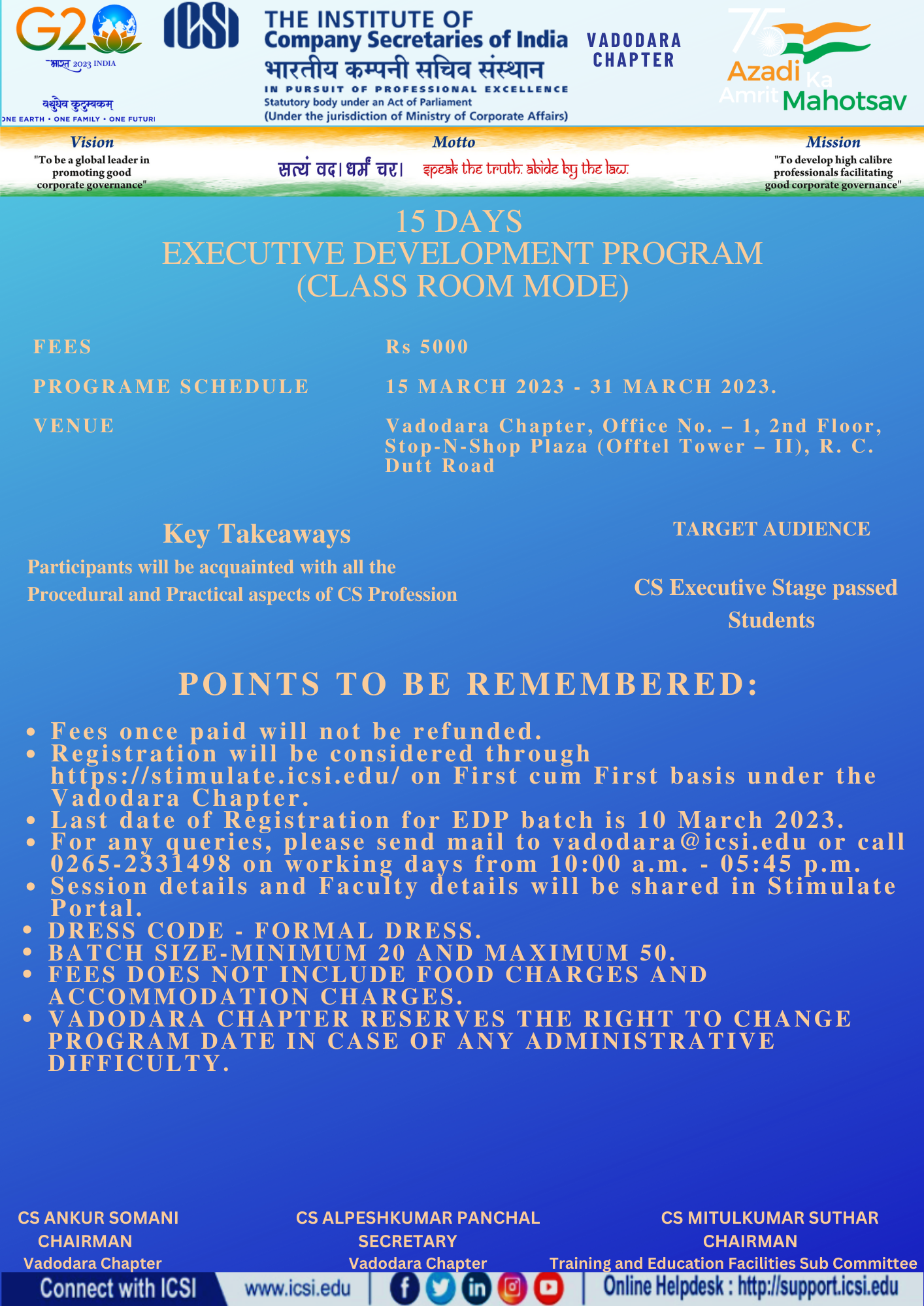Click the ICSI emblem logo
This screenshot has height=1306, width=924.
[201, 26]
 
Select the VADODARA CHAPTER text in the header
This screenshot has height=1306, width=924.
[634, 50]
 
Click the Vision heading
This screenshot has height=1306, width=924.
[92, 142]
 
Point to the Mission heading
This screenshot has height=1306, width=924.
[833, 142]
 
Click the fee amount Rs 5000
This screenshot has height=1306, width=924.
[427, 347]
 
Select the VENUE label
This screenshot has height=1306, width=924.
[74, 426]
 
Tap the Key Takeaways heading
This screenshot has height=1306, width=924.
[257, 534]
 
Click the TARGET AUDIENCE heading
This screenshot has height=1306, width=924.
[771, 529]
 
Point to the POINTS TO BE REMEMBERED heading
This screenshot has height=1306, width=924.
[469, 684]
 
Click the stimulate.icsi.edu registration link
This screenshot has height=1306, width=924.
[225, 776]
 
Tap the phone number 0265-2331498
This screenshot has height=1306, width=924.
[141, 864]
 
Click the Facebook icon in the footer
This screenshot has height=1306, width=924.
[404, 1288]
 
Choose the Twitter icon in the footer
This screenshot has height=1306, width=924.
[440, 1288]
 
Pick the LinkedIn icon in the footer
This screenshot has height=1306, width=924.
[476, 1288]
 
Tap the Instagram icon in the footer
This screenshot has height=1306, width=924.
[512, 1288]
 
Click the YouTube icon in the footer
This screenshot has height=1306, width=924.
[548, 1288]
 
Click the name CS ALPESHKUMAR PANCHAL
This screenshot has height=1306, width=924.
[418, 1218]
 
